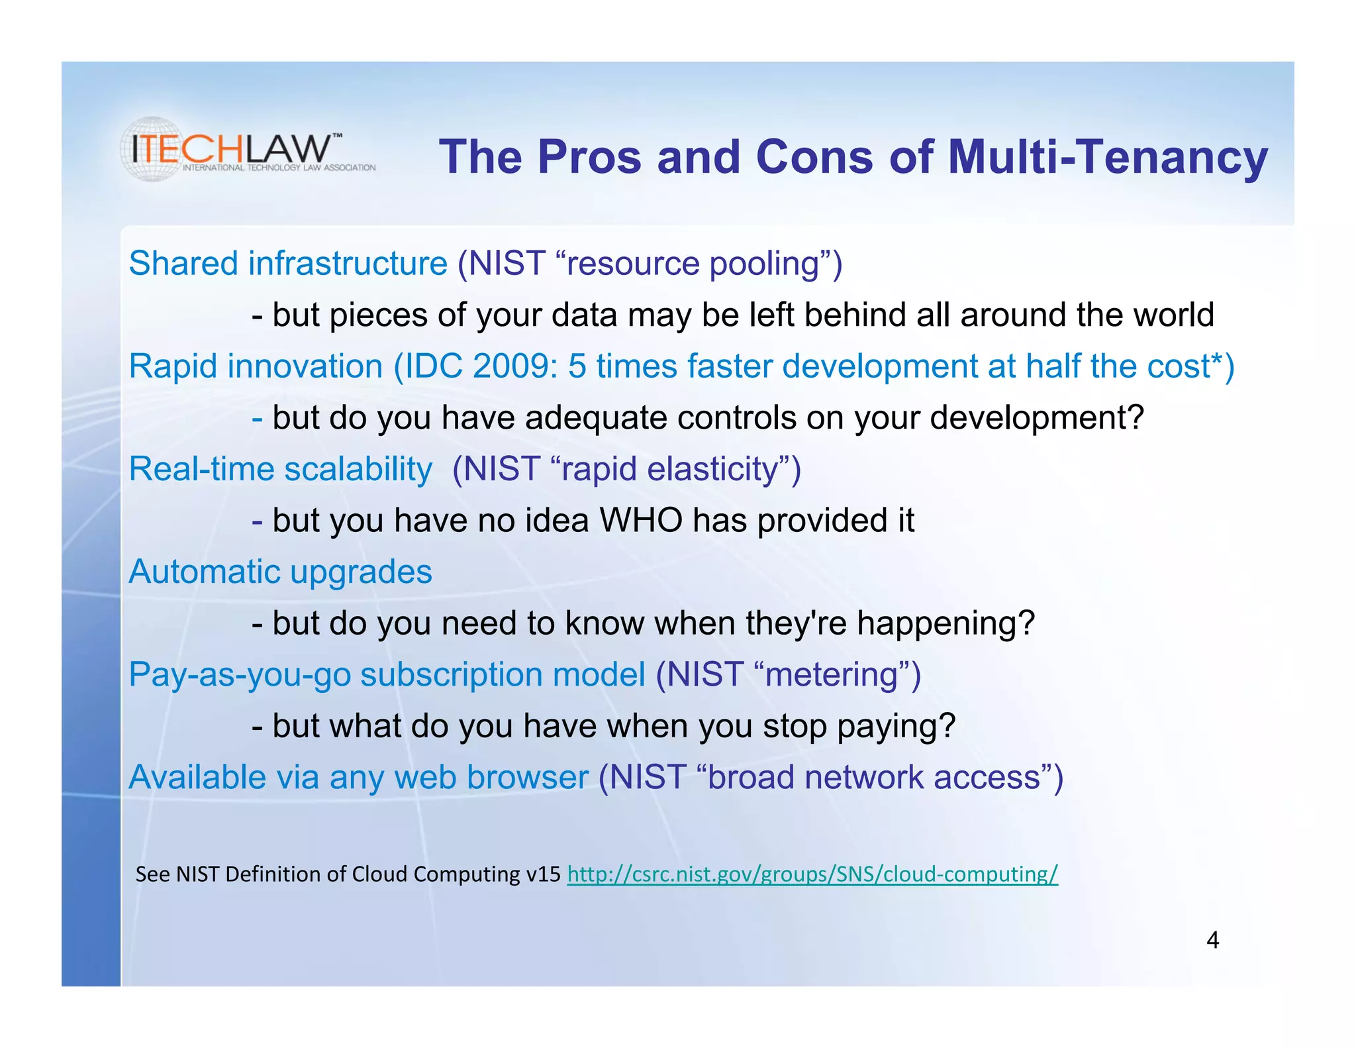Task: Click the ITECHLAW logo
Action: click(x=246, y=150)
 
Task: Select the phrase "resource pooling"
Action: click(x=693, y=264)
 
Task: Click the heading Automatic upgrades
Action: click(x=280, y=572)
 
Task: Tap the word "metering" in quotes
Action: click(x=831, y=675)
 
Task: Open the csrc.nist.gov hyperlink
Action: click(x=812, y=874)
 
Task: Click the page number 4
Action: click(x=1212, y=940)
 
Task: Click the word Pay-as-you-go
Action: click(x=240, y=675)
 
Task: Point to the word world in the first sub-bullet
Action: click(x=1173, y=315)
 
